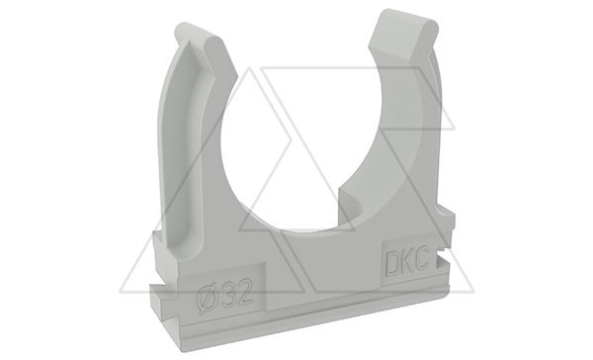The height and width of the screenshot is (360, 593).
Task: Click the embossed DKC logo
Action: tap(406, 260)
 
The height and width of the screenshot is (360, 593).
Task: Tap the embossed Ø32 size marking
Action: tap(225, 295)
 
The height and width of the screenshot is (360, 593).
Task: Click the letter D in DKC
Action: tap(392, 262)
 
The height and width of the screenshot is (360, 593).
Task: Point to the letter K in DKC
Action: tap(407, 260)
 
